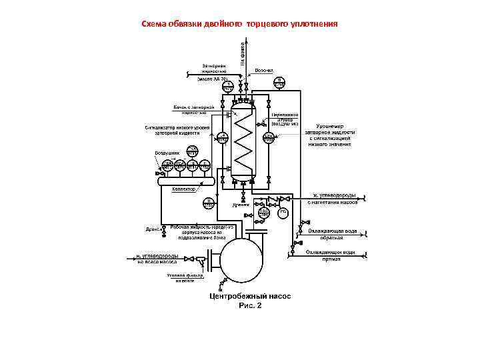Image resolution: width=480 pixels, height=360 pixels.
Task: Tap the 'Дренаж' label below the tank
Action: [241, 205]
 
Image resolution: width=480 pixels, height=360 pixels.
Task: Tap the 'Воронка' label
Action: [265, 69]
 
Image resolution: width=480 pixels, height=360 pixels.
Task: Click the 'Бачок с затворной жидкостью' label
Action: [193, 109]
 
